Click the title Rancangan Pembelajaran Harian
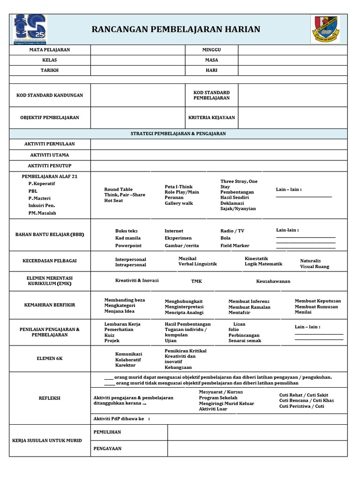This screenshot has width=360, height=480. pyautogui.click(x=176, y=30)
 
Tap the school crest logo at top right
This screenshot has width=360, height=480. pyautogui.click(x=328, y=29)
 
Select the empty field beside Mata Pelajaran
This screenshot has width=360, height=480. pyautogui.click(x=138, y=50)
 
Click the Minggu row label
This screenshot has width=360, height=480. pyautogui.click(x=211, y=50)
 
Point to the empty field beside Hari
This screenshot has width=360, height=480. pyautogui.click(x=292, y=70)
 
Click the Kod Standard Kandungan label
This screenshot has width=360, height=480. pyautogui.click(x=50, y=95)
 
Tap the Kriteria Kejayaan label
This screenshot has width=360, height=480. pyautogui.click(x=211, y=118)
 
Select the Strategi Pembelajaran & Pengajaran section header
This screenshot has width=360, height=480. pyautogui.click(x=178, y=134)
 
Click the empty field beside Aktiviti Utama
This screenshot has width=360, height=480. pyautogui.click(x=219, y=155)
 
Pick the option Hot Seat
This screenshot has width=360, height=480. pyautogui.click(x=113, y=201)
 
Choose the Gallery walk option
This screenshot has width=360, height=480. pyautogui.click(x=179, y=203)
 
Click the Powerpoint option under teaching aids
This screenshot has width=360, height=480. pyautogui.click(x=128, y=246)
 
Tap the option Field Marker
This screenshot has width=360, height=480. pyautogui.click(x=235, y=246)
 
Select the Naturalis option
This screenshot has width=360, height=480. pyautogui.click(x=310, y=261)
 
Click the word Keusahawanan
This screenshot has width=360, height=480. pyautogui.click(x=273, y=281)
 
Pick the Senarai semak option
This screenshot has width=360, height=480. pyautogui.click(x=245, y=341)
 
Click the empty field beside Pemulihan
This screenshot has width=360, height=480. pyautogui.click(x=257, y=432)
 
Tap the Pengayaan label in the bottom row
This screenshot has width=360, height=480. pyautogui.click(x=107, y=449)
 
